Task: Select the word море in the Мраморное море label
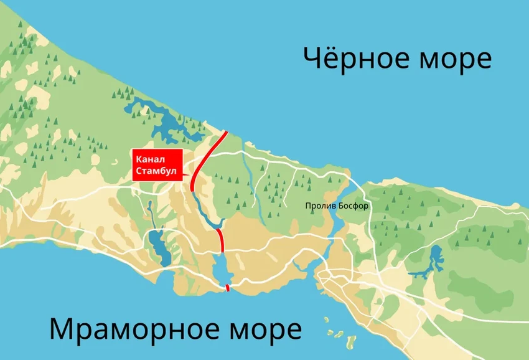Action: (268, 328)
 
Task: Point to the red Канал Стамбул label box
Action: (157, 166)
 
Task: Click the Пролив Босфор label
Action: (337, 206)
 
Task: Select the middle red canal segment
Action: (220, 239)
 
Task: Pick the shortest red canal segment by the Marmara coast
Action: (228, 287)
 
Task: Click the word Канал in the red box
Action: (147, 159)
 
